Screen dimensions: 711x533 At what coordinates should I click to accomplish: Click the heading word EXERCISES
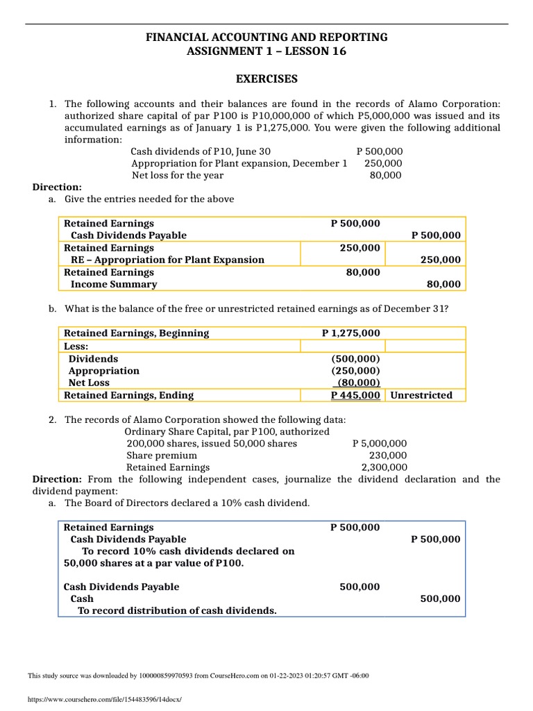click(266, 78)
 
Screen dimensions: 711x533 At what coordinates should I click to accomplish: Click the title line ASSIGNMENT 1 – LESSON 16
click(266, 51)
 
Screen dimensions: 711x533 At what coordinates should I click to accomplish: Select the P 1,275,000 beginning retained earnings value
click(351, 333)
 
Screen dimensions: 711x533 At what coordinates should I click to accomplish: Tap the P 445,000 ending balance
click(355, 395)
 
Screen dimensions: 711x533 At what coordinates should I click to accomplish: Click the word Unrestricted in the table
click(421, 395)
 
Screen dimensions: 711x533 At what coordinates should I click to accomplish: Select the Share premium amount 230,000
click(389, 455)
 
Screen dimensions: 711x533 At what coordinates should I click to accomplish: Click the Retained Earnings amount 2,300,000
click(384, 468)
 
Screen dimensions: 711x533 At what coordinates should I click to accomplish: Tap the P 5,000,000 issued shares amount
click(380, 443)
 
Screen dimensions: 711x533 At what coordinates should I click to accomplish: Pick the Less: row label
click(77, 346)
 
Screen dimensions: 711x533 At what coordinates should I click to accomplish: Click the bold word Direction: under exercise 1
click(58, 187)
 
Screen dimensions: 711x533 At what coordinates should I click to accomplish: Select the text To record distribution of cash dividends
click(177, 611)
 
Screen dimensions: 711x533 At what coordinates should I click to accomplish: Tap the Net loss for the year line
click(178, 176)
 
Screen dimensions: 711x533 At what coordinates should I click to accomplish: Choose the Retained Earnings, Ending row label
click(128, 395)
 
